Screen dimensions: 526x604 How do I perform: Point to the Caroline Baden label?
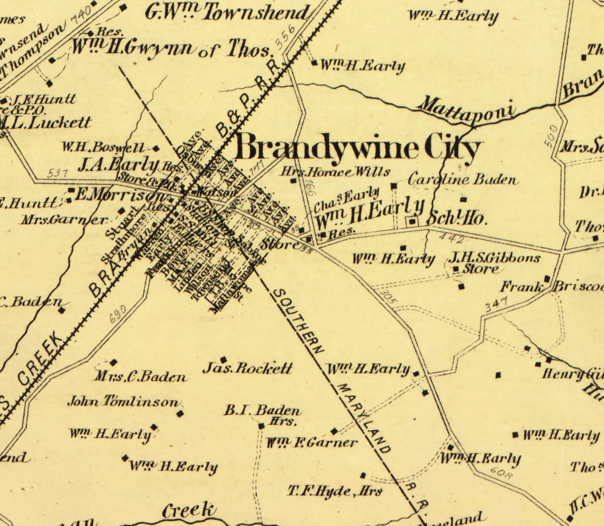pos(462,179)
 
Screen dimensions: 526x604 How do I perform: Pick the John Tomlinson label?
pos(123,402)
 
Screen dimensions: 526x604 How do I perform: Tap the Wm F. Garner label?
pos(312,442)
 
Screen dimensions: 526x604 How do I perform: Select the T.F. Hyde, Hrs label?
pos(335,491)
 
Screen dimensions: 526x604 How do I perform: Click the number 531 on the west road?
pos(58,173)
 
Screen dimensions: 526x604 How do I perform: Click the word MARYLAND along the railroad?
pos(364,418)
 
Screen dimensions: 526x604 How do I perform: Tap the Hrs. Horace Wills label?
pos(335,172)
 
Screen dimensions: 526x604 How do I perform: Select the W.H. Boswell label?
pos(103,148)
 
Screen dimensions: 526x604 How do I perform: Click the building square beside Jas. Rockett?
pos(223,359)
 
